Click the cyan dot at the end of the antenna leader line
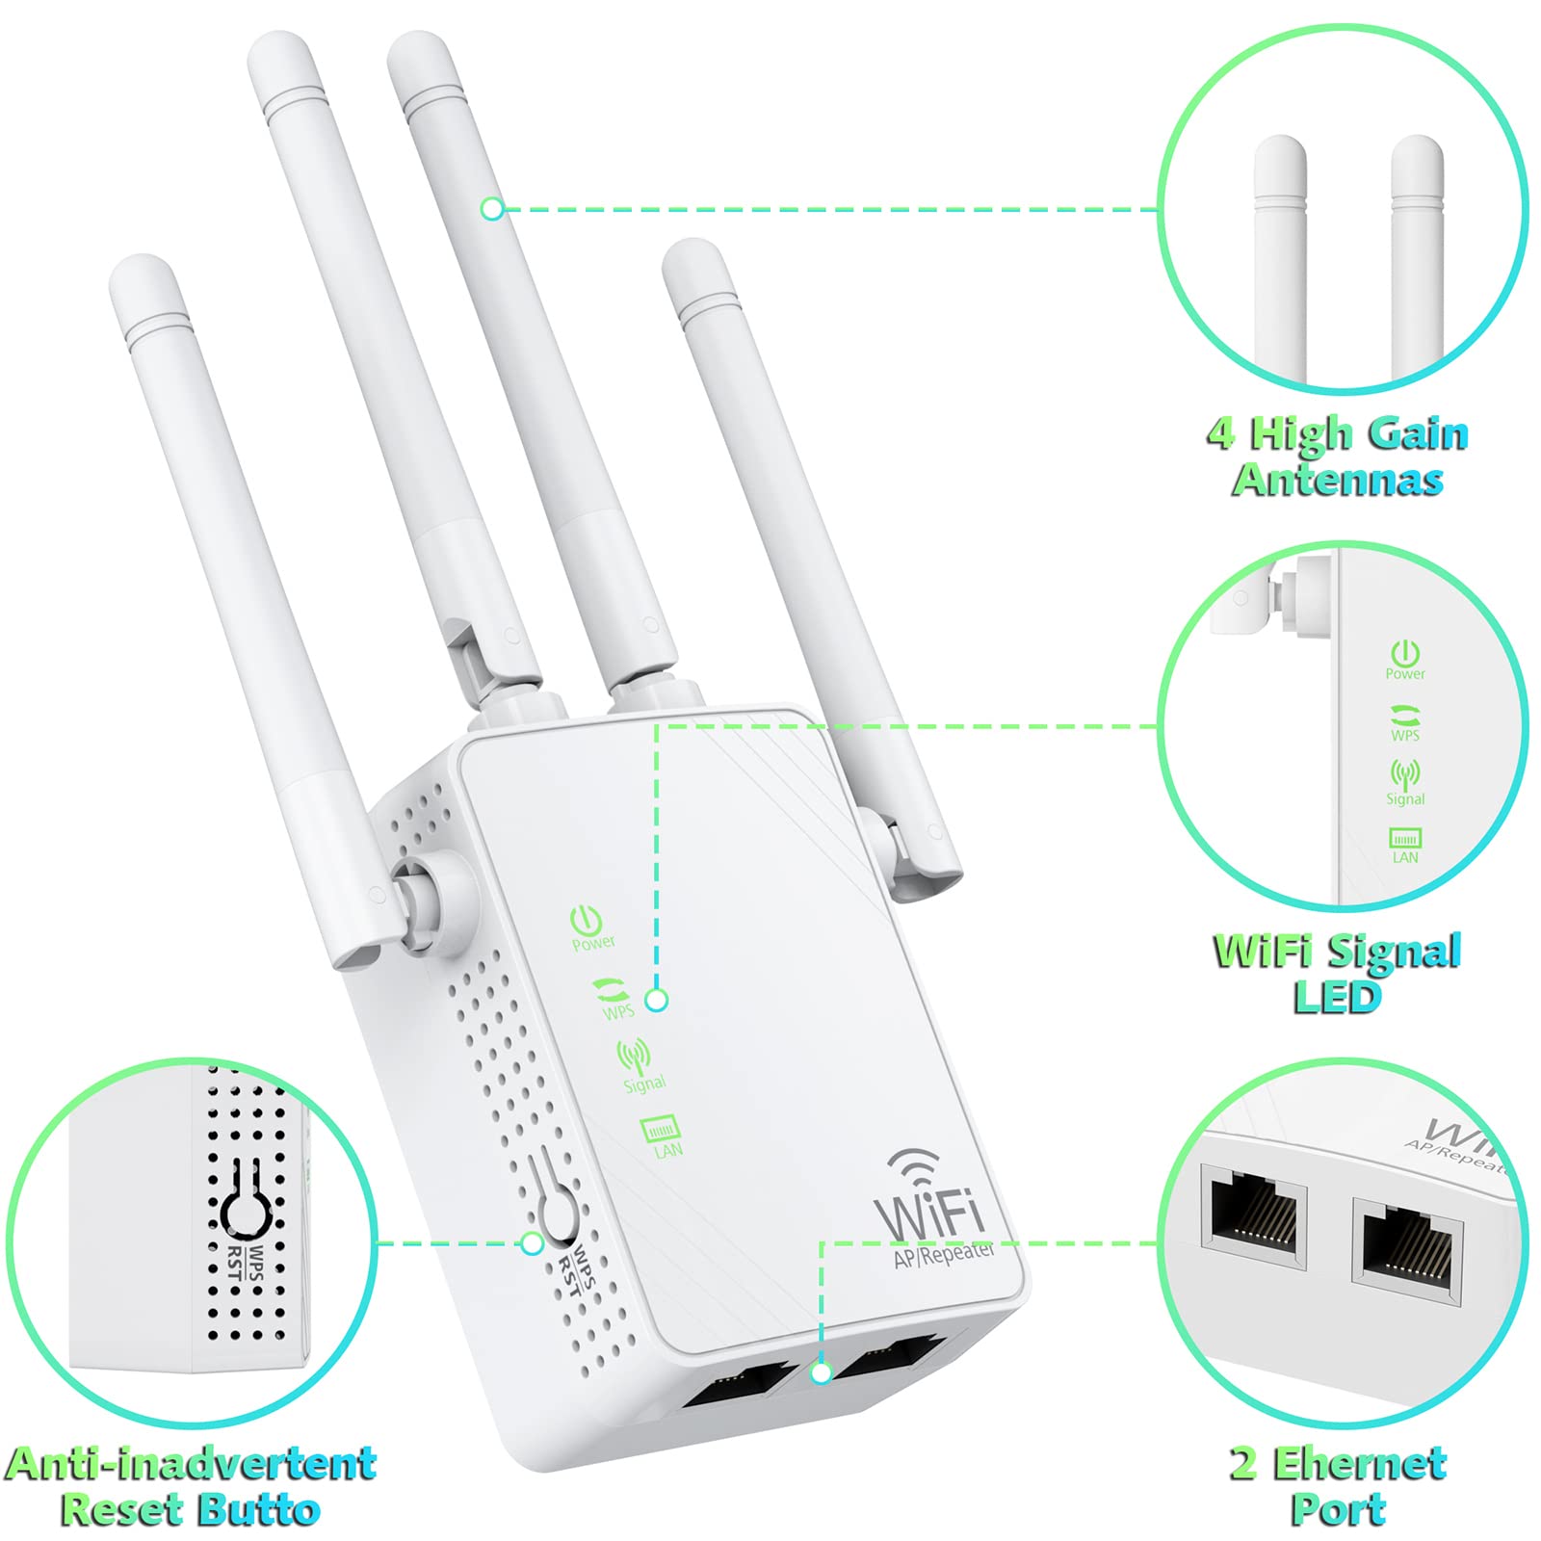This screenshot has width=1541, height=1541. [x=492, y=208]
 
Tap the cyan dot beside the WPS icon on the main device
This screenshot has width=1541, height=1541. [x=657, y=1001]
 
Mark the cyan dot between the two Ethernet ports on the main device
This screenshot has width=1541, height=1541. [x=821, y=1371]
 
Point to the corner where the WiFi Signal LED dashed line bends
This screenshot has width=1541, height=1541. [x=657, y=726]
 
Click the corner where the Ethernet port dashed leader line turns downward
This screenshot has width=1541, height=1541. [x=821, y=1243]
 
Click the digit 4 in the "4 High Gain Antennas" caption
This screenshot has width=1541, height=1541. [x=1221, y=435]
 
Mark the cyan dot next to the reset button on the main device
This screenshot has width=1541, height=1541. [x=532, y=1243]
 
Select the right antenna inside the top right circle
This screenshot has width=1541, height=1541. [x=1418, y=260]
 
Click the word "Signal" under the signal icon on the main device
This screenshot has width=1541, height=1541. [x=644, y=1084]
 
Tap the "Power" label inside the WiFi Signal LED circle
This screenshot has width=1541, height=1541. [x=1405, y=674]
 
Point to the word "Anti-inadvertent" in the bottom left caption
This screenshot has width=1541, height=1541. [x=191, y=1464]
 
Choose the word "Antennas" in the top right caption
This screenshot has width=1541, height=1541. [x=1338, y=480]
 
